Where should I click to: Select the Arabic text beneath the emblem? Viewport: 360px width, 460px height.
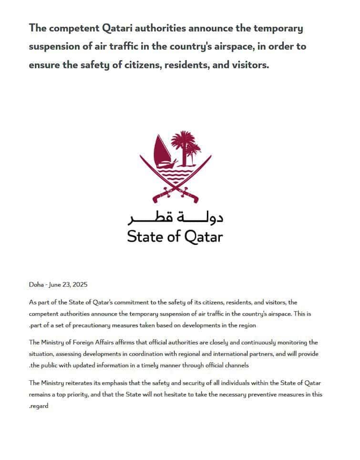coord(175,218)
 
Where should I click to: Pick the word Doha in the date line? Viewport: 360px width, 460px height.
coord(36,285)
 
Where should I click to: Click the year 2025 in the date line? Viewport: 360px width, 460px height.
coord(80,285)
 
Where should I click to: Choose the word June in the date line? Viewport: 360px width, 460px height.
coord(56,285)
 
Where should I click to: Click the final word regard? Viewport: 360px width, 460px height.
coord(39,407)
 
